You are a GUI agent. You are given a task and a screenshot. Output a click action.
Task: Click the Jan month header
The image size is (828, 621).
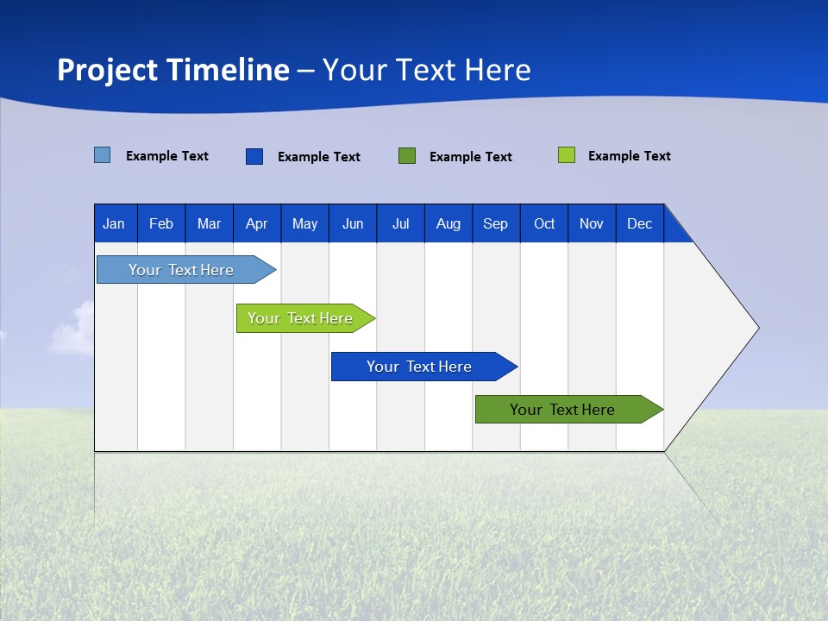point(114,223)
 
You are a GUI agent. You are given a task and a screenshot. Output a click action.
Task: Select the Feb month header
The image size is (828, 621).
point(161,223)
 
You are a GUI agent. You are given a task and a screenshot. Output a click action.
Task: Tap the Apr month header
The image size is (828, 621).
point(256,223)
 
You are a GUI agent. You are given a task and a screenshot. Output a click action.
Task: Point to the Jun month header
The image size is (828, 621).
point(353,223)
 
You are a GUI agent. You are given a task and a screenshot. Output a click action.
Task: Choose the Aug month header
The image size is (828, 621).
point(448,223)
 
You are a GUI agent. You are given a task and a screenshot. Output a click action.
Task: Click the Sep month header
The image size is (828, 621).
point(495,223)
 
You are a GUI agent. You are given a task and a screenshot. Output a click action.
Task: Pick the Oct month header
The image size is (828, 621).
point(544,223)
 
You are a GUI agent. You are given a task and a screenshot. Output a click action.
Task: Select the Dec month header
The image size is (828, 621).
point(639,223)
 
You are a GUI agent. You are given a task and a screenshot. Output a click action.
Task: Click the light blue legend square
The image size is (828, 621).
point(103,155)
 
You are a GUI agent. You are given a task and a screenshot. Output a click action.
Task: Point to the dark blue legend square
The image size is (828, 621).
point(254,156)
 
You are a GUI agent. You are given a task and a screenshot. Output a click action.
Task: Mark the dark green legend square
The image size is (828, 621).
point(407,156)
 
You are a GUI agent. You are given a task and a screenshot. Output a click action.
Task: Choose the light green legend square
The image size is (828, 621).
point(567,155)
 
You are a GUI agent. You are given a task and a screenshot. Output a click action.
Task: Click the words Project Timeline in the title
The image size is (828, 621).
point(172,70)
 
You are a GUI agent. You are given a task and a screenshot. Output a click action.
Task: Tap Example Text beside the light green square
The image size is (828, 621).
point(629,156)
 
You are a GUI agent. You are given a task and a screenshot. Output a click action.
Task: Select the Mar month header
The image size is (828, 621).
point(209,223)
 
